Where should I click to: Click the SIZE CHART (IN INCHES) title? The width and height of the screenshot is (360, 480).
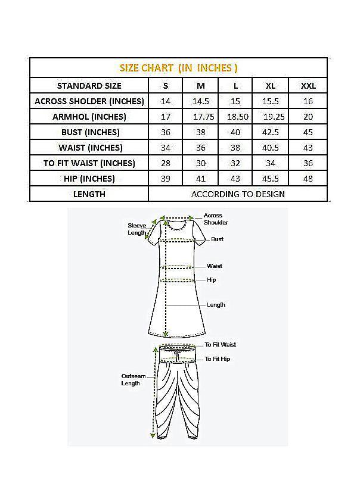coord(179,68)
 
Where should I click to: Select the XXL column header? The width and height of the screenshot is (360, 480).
coord(308,86)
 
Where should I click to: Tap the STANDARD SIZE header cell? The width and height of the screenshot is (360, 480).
coord(89,86)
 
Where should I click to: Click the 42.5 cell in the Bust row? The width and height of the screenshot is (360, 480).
coord(271,132)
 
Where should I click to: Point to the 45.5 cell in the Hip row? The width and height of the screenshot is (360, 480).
coord(271,179)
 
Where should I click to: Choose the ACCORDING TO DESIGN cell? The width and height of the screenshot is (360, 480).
coord(238,194)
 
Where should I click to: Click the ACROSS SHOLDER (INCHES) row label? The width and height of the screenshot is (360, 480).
coord(89,101)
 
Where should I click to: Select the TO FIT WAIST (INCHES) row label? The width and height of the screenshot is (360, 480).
coord(89,163)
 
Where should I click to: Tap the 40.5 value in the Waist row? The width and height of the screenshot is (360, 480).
coord(271,148)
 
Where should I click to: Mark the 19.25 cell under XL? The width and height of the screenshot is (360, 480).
coord(271,117)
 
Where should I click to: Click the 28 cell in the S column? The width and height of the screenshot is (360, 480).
coord(166,163)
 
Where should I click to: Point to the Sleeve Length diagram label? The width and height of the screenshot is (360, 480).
coord(136,229)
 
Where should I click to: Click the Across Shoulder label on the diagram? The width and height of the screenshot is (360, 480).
coord(215,219)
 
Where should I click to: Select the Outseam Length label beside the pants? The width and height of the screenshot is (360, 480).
coord(131,380)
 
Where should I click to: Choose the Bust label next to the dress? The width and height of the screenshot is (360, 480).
coord(217,239)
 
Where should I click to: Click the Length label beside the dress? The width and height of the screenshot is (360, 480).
coord(216,305)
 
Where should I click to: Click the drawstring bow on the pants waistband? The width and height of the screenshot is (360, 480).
coord(177,355)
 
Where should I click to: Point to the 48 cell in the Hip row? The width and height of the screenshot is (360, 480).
coord(308,179)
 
